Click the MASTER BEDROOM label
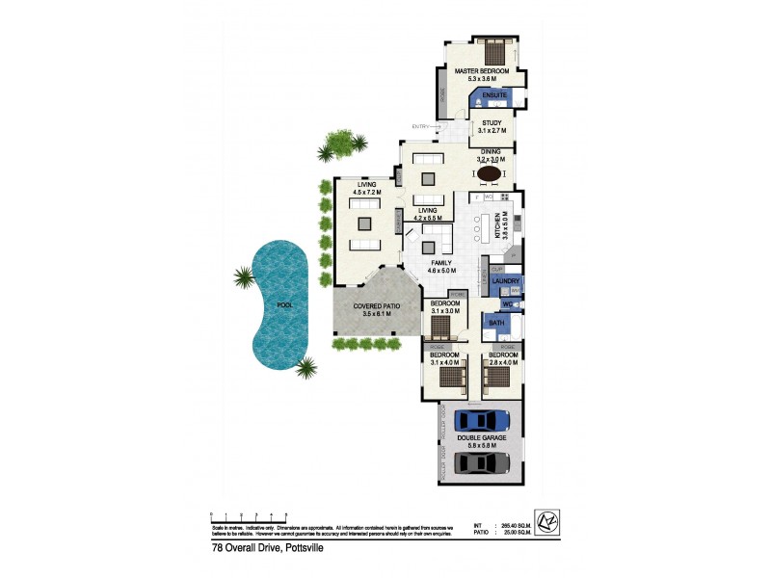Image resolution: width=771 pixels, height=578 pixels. [x=482, y=71]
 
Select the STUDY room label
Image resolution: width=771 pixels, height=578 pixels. [x=492, y=123]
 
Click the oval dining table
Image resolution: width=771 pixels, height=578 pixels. [x=491, y=173]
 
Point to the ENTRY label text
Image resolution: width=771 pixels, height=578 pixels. [x=421, y=127]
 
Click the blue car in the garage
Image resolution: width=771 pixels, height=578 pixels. [x=482, y=420]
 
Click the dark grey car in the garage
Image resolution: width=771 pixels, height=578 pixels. [x=482, y=462]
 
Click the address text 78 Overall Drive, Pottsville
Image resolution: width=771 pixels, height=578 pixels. [x=267, y=548]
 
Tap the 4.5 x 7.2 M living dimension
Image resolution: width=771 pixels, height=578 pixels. [x=366, y=192]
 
